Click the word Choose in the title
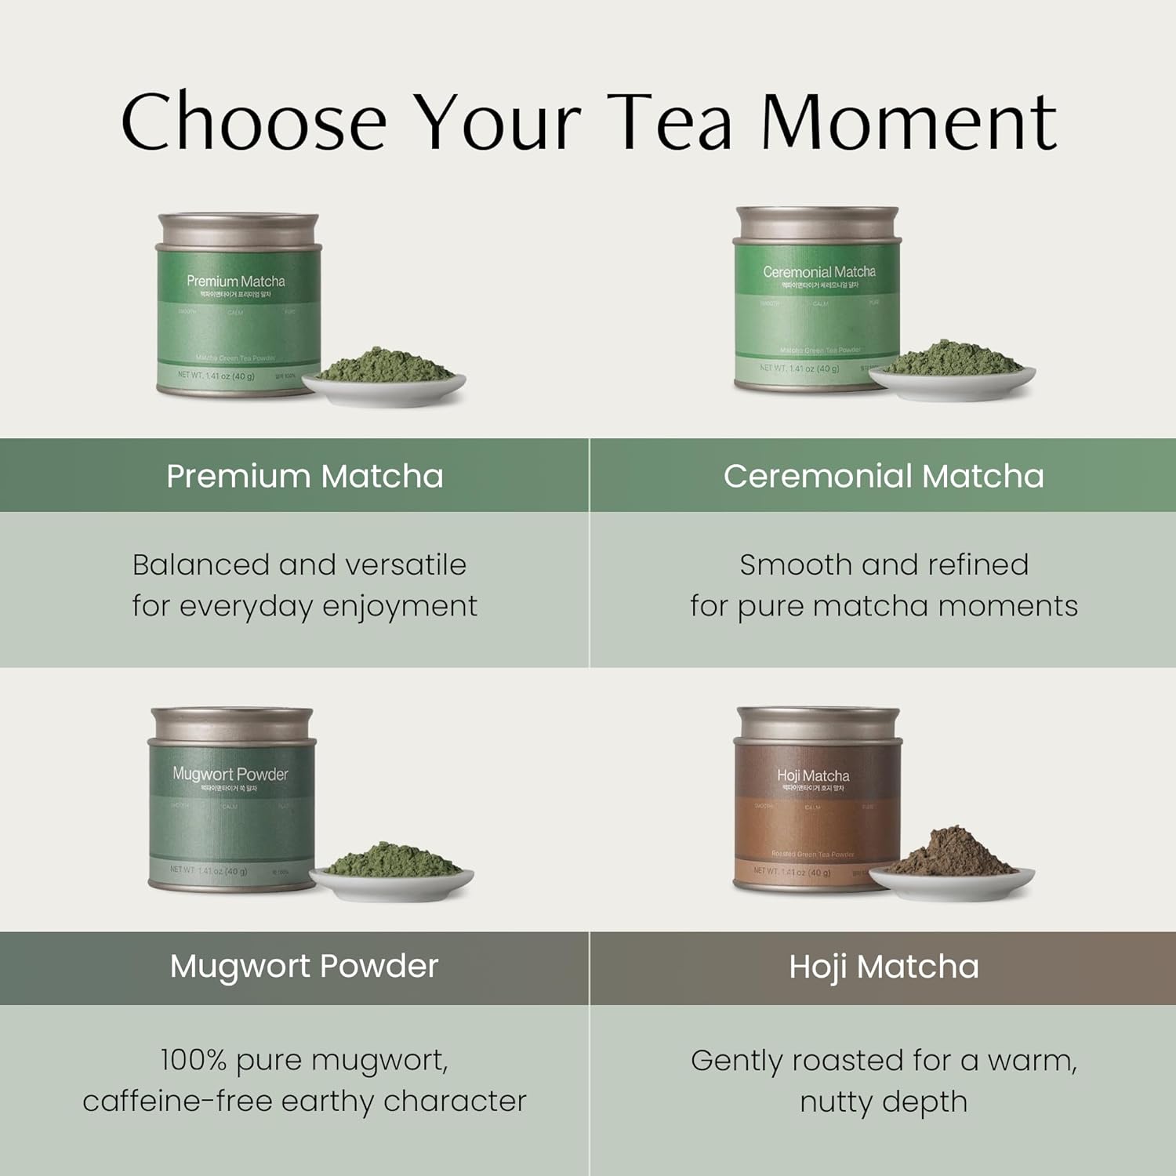(253, 122)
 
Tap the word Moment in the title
(909, 122)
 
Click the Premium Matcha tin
(238, 306)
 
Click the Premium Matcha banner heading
(305, 476)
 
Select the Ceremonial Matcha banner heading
(884, 476)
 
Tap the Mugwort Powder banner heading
(304, 967)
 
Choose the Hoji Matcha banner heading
(884, 967)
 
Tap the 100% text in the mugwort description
(194, 1060)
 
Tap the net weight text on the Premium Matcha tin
(216, 376)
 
